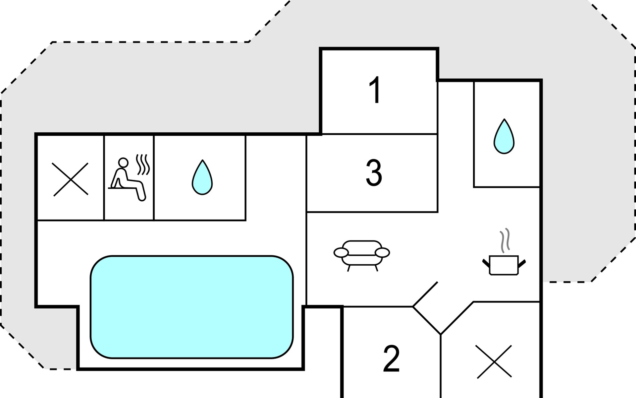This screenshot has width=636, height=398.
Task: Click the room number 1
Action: (375, 90)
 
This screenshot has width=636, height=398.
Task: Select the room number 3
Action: (374, 172)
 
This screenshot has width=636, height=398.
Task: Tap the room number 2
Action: (391, 359)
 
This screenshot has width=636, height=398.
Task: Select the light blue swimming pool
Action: (191, 307)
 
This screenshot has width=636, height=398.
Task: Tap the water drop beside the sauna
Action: (202, 177)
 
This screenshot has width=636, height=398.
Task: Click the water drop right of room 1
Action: (504, 136)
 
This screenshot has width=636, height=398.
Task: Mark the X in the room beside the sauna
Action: (71, 179)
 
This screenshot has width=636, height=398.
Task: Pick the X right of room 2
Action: (494, 362)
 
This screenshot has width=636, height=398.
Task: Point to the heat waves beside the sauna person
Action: (143, 165)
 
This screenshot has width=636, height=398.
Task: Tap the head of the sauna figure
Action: (123, 162)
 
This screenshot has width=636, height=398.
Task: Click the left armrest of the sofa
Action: (341, 253)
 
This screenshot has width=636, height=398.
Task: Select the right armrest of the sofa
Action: (383, 253)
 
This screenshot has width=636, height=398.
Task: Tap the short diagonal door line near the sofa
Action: (425, 294)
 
